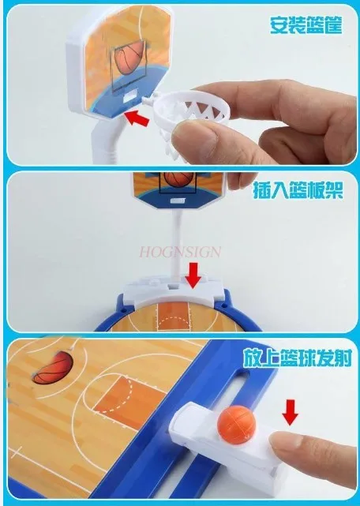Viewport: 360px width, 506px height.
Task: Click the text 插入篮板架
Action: [x=295, y=193]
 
